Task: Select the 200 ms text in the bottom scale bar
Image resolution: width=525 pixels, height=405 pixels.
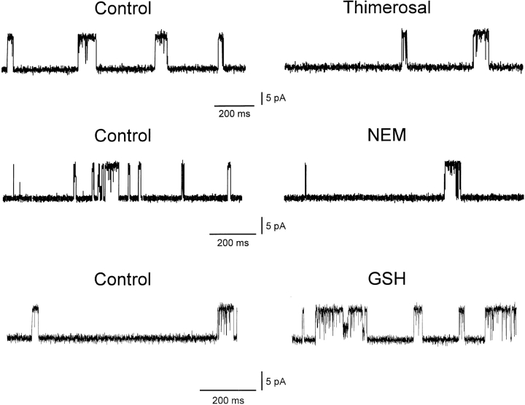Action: pos(226,399)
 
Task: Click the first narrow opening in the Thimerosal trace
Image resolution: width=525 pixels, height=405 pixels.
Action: pos(404,50)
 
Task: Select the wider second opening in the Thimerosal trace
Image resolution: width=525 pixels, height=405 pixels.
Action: pos(481,47)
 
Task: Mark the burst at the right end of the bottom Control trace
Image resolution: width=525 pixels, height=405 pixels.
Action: pos(227,321)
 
